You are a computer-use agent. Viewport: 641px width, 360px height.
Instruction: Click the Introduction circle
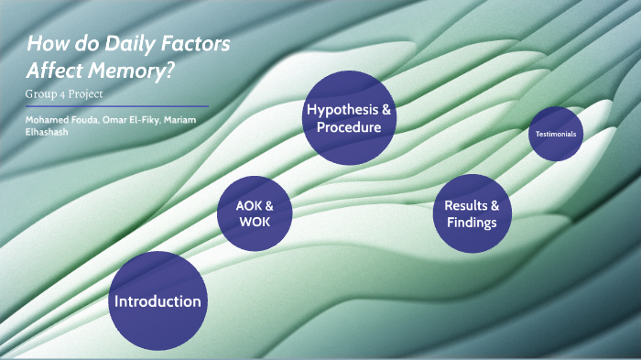point(157,301)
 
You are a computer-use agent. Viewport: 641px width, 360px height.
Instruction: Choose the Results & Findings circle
point(472,213)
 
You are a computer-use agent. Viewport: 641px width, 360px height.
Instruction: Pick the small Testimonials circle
point(556,134)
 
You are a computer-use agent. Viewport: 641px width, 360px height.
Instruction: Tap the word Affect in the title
point(58,70)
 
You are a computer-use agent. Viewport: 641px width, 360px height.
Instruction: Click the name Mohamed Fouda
point(54,120)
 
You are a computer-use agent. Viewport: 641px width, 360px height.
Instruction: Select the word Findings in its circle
point(472,223)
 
